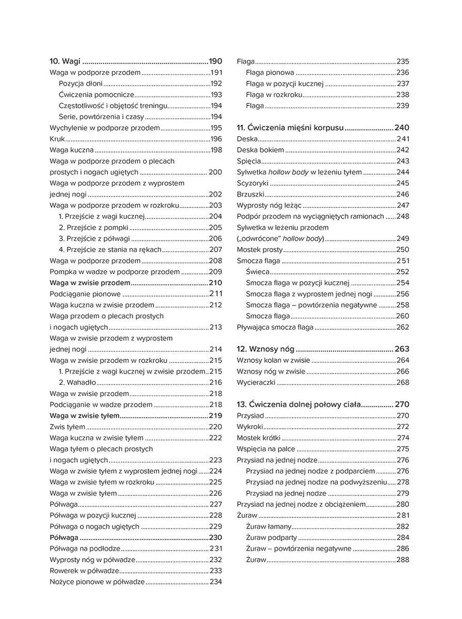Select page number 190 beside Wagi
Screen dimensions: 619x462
point(215,61)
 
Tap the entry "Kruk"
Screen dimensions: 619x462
point(57,139)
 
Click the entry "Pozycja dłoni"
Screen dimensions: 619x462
point(80,84)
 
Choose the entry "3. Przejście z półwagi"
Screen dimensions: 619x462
point(94,238)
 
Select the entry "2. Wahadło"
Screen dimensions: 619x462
point(77,382)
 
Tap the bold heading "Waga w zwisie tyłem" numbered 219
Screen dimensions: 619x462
point(84,415)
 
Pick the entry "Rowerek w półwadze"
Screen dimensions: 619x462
point(85,571)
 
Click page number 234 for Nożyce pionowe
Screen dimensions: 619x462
point(216,582)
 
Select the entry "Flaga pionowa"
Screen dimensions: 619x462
point(270,73)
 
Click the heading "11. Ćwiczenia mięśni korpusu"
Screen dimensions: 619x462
point(290,127)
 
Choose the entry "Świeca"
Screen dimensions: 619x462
point(256,272)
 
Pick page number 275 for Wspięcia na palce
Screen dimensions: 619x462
point(403,449)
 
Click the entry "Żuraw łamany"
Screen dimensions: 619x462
point(269,526)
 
